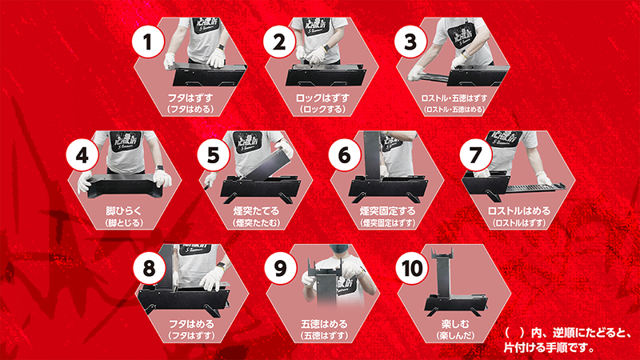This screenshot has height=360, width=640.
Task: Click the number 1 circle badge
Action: tap(148, 42)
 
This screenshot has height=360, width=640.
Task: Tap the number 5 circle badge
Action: tap(214, 154)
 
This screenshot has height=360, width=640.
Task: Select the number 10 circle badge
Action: tap(412, 268)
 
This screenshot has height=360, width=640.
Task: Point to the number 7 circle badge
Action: tap(476, 154)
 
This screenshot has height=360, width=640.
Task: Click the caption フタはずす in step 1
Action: tap(190, 98)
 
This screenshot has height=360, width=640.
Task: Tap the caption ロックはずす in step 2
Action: tap(322, 98)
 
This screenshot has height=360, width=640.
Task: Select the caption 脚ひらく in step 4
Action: tap(124, 211)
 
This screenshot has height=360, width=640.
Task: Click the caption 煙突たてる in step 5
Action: tap(256, 211)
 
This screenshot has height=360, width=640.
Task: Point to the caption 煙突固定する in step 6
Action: tap(387, 211)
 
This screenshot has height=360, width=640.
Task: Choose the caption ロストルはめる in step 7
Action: tap(519, 211)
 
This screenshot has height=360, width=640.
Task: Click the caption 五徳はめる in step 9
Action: tap(324, 324)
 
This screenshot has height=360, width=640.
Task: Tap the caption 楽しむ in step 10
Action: tap(455, 324)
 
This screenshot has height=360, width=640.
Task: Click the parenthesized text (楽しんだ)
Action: tap(455, 335)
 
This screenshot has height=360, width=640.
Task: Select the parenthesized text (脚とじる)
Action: tap(124, 223)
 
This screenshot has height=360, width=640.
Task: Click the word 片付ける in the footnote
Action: tap(525, 348)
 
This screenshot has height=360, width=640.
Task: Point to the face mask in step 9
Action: tap(339, 250)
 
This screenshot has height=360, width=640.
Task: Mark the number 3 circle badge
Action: tap(410, 42)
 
